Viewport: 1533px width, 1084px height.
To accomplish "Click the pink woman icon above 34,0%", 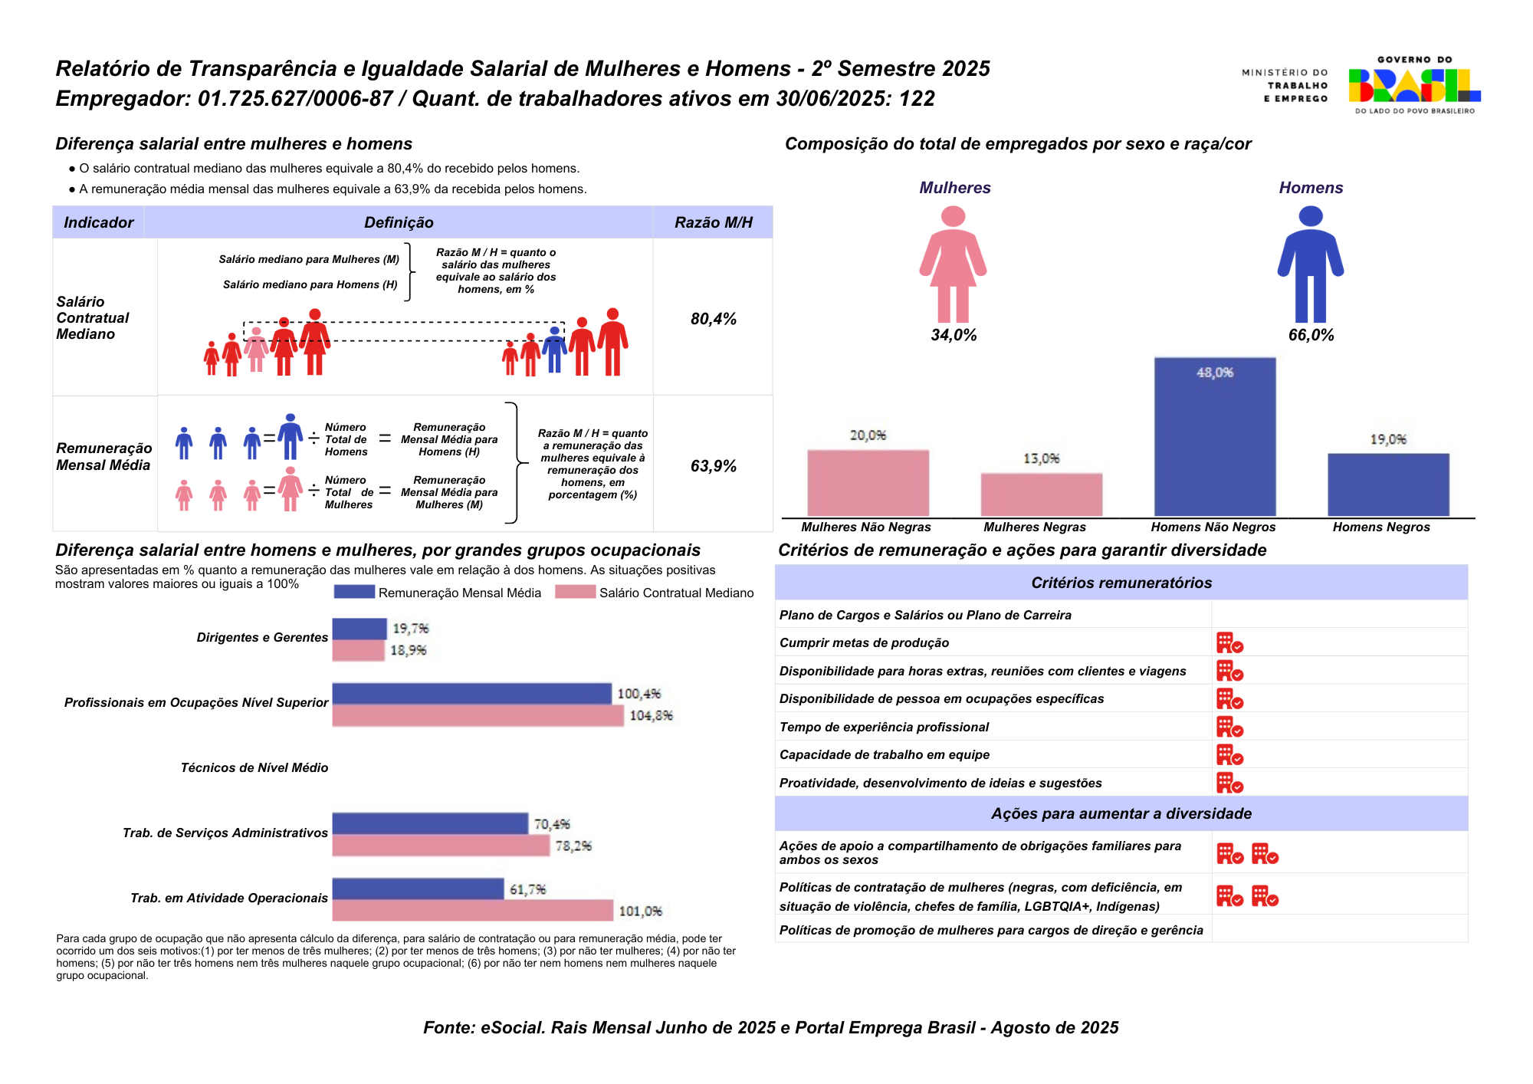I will pos(953,264).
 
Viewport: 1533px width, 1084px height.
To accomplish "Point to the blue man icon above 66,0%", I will pos(1310,264).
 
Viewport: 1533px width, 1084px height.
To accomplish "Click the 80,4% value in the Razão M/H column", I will pos(713,319).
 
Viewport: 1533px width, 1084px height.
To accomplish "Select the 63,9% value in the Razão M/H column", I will pos(713,466).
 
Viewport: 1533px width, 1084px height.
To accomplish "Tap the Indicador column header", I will pos(98,222).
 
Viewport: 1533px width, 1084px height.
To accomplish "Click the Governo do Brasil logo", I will pos(1414,85).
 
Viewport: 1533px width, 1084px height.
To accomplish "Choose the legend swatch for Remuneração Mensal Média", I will pos(354,592).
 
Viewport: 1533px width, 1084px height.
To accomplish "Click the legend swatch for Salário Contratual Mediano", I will pos(575,592).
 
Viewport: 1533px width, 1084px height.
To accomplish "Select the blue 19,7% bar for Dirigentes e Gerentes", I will pos(359,629).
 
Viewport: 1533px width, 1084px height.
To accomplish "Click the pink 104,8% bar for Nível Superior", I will pos(478,716).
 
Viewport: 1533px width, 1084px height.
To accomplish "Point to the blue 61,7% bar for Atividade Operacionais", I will pos(418,889).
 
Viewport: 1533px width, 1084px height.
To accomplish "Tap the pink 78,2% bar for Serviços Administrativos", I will pos(441,846).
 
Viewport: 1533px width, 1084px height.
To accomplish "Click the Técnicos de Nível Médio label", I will pos(254,767).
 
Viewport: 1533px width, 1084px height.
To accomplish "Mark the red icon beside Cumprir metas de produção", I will pos(1229,642).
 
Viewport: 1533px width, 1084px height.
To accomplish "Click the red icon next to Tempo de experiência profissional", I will pos(1229,727).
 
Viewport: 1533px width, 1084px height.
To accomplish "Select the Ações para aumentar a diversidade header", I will pos(1121,813).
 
